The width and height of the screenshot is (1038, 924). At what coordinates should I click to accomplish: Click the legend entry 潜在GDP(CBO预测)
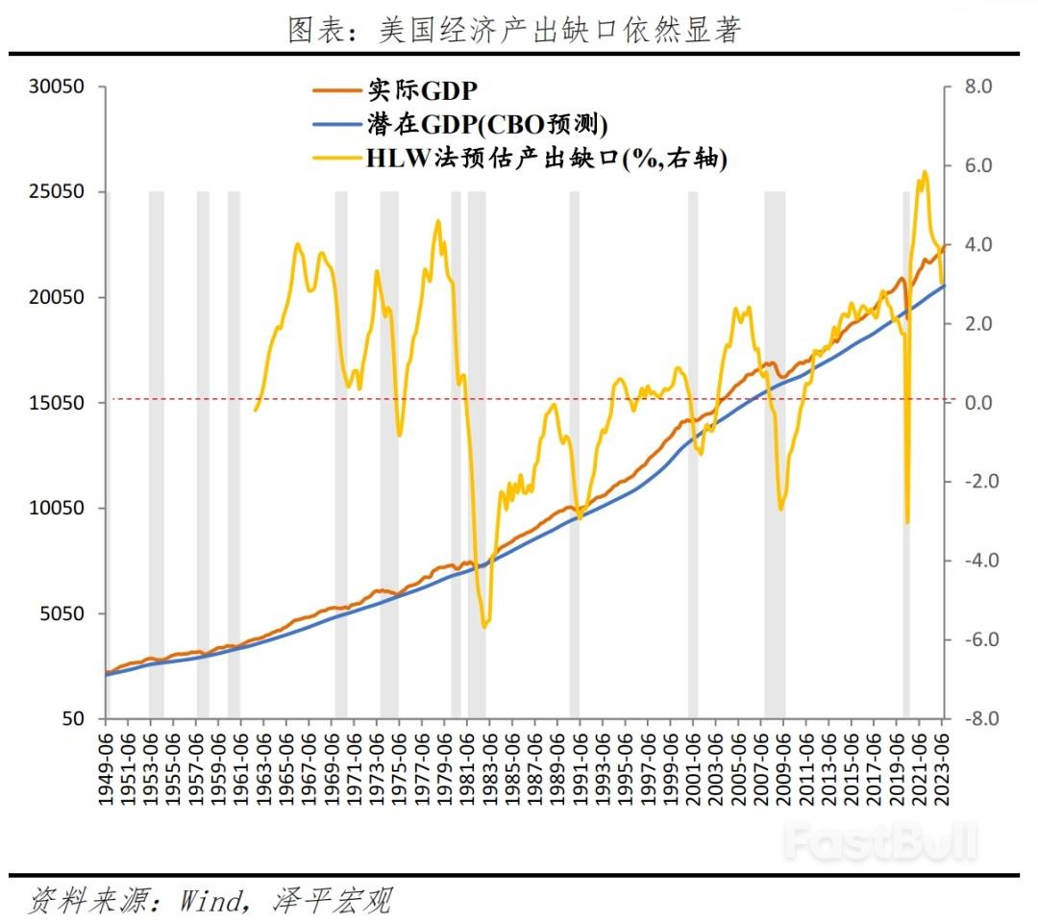coord(487,124)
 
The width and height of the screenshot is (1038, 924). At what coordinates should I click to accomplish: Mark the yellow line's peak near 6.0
coord(925,173)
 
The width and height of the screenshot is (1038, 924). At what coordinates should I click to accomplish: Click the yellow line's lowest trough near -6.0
coord(484,627)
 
